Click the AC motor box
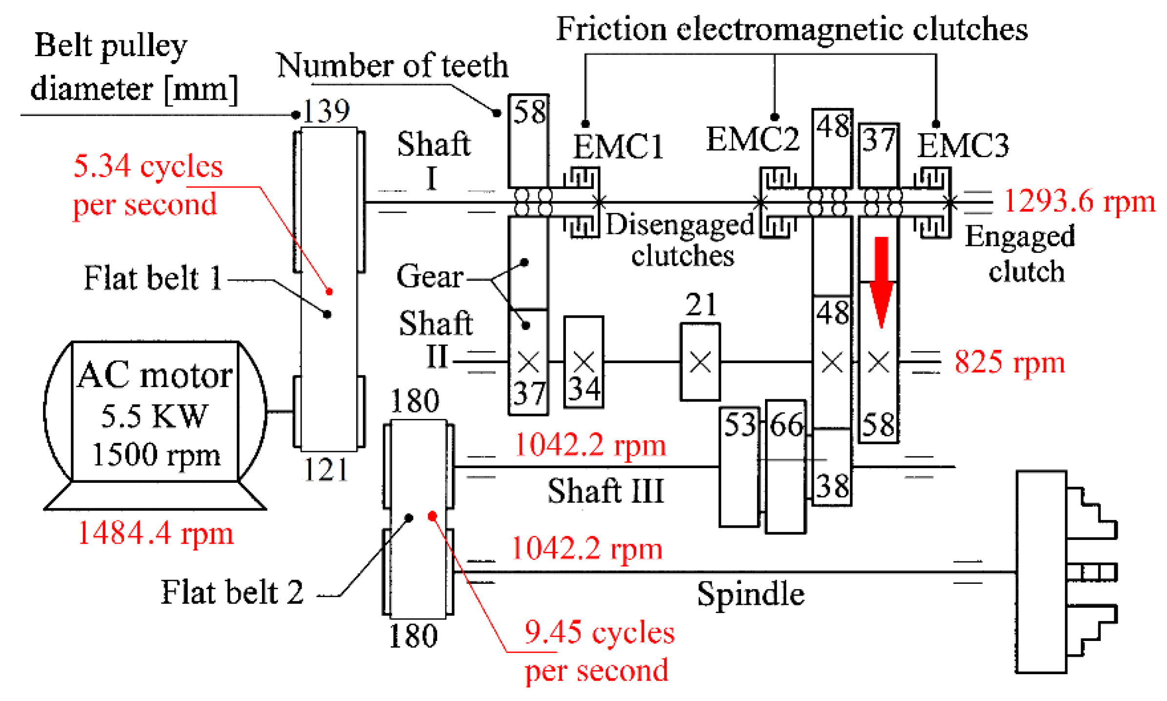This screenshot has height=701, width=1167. (155, 411)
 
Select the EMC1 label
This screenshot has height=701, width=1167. (618, 146)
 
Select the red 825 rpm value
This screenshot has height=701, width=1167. (1008, 362)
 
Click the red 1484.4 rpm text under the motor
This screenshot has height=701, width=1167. (155, 533)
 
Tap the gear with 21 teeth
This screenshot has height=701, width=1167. (700, 362)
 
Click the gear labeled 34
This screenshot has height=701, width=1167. (583, 362)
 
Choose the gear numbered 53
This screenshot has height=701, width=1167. (739, 466)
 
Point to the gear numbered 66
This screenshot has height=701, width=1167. (785, 466)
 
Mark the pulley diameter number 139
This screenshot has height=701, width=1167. (326, 111)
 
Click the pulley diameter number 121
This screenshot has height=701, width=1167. (325, 470)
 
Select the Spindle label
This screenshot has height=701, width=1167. (750, 594)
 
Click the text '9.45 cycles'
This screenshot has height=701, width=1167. (599, 633)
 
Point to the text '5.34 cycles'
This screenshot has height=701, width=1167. (147, 166)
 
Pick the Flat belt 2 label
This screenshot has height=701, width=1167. (232, 592)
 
